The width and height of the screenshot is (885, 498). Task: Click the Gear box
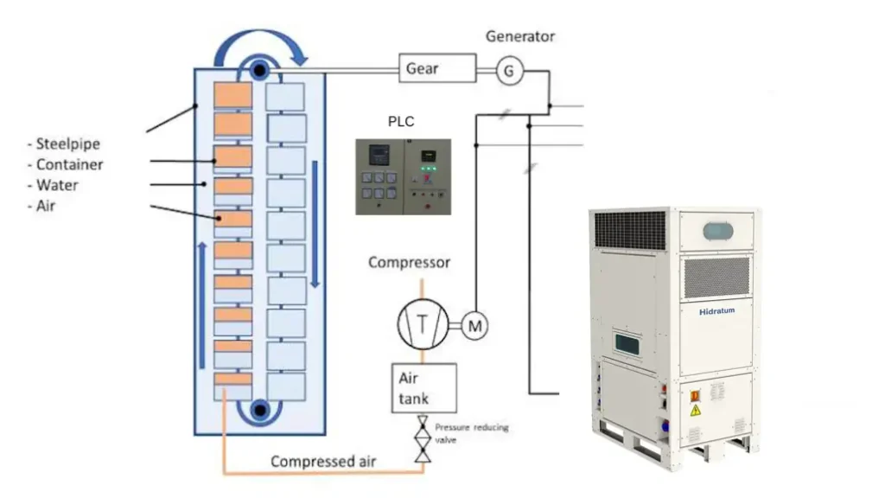(436, 67)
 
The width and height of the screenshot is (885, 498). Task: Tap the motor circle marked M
(474, 325)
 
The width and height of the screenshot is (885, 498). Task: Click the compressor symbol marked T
(423, 324)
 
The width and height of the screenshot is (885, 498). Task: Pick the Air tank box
(423, 387)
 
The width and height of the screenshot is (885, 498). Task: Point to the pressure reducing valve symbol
(423, 439)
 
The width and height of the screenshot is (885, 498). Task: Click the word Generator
(519, 36)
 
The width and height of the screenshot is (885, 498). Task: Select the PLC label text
(401, 122)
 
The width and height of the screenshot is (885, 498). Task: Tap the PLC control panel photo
(404, 176)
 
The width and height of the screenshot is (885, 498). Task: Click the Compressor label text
(409, 262)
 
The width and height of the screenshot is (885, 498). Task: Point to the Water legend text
(56, 185)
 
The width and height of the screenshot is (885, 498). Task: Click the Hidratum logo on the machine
(716, 311)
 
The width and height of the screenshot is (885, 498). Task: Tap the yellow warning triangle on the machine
(694, 409)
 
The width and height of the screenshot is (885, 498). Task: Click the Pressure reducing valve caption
(472, 433)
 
